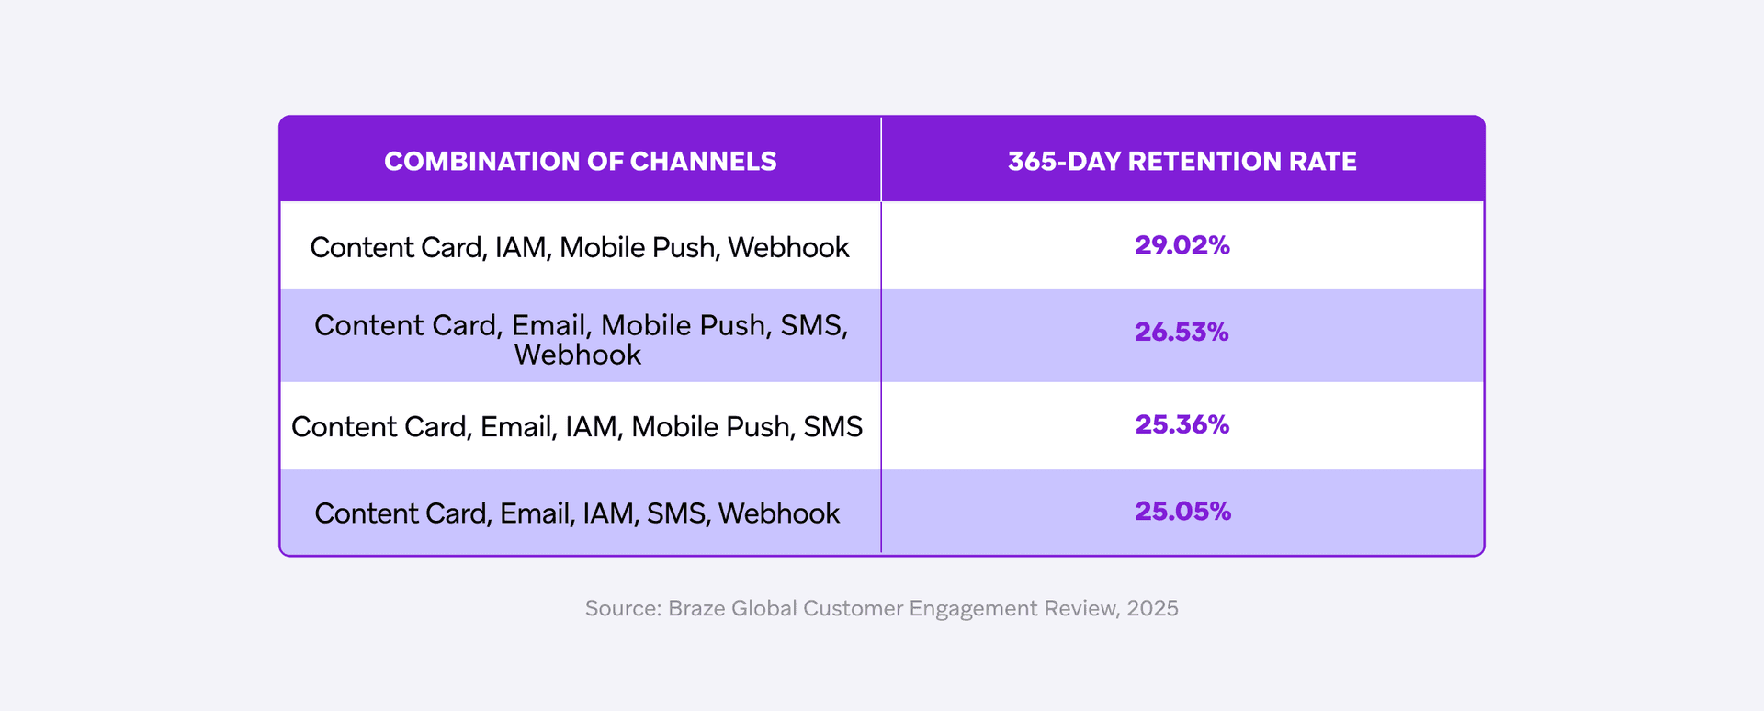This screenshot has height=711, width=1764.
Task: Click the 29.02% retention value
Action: coord(1182,245)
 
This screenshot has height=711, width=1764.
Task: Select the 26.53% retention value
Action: coord(1182,332)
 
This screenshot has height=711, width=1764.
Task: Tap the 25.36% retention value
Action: coord(1182,424)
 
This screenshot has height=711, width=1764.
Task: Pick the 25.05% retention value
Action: coord(1182,511)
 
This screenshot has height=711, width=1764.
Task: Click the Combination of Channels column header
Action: coord(580,162)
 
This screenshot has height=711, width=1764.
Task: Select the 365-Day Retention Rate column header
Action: coord(1182,162)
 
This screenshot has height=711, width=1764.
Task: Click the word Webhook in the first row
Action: coord(788,247)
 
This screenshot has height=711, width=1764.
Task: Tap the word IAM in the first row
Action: coord(520,247)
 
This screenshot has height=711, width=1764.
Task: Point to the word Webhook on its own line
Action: coord(577,355)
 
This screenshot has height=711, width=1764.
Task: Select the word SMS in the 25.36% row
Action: coord(832,426)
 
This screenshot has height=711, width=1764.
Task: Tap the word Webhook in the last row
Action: coord(778,513)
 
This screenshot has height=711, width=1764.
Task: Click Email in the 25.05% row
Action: coord(534,513)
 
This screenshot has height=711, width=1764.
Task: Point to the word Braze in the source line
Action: coord(696,608)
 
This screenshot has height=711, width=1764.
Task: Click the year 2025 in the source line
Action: coord(1152,608)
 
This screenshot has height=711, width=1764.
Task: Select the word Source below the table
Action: coord(621,608)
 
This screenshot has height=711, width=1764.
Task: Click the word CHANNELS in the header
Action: coord(703,162)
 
